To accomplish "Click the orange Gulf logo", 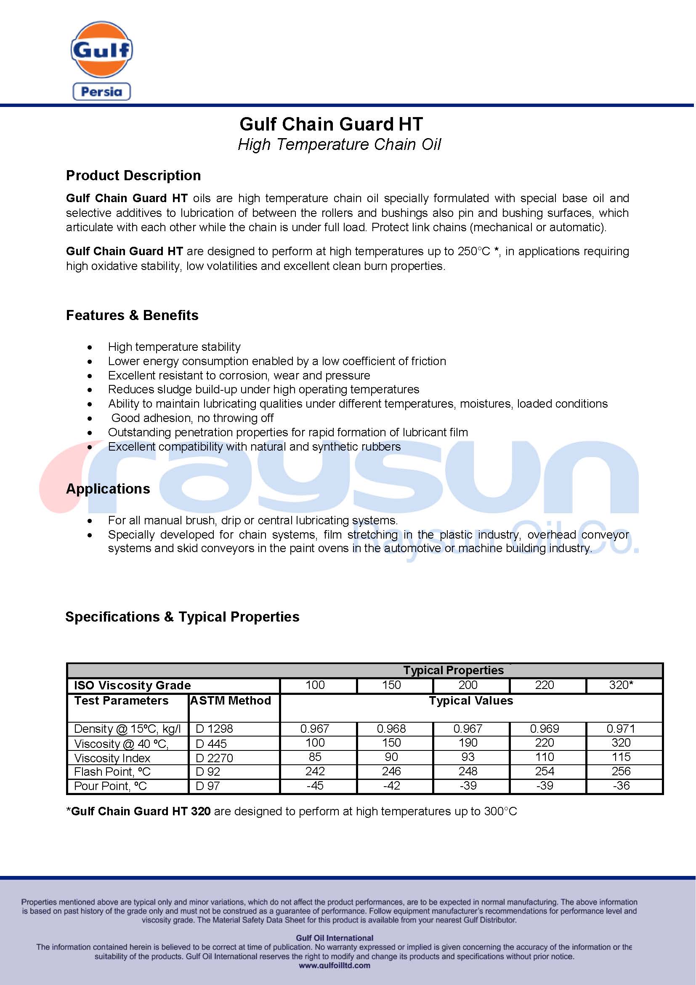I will point(101,49).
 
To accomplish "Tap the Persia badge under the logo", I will point(101,91).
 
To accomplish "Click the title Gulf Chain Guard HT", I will point(331,124).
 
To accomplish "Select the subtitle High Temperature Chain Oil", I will point(339,144).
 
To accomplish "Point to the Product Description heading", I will point(133,176).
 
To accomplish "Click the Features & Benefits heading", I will point(132,315).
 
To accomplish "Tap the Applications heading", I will point(108,488).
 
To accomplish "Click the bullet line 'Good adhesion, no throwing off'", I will point(192,418).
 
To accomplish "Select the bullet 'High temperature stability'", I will point(174,347).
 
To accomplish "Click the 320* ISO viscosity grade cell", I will point(621,685).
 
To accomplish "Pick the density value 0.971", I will point(621,729).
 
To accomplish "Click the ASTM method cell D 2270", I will point(214,758).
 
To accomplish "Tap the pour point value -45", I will point(315,785).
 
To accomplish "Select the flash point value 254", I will point(544,771).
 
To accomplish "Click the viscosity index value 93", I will point(468,757).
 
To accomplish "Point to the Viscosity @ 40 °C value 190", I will point(468,742).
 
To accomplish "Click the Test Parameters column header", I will point(121,701).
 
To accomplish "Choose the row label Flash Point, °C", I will point(112,772).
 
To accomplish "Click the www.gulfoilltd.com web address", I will point(334,965).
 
